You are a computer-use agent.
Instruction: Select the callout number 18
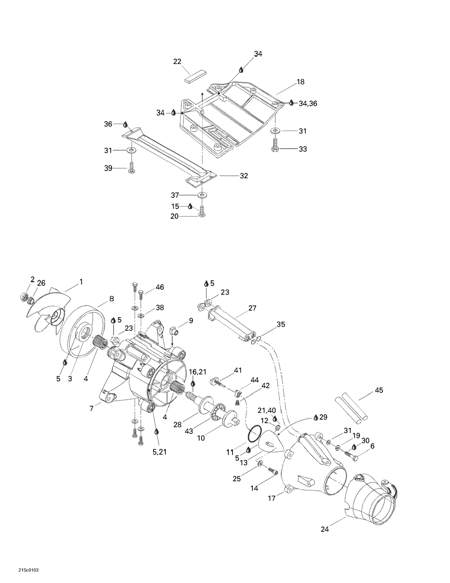coord(301,82)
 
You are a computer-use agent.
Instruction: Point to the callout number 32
coord(244,176)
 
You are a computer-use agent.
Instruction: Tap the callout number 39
coord(108,169)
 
